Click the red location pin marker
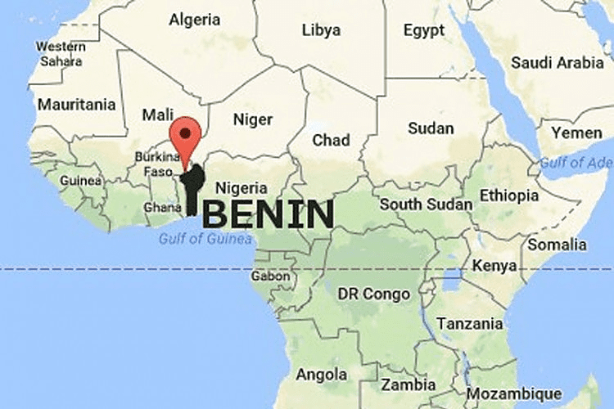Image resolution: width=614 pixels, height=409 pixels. click(187, 136)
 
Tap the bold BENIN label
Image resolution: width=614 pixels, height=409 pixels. click(268, 214)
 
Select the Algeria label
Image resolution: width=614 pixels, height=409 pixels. click(194, 19)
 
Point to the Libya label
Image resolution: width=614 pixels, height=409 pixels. click(321, 29)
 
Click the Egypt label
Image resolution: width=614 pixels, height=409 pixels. click(423, 30)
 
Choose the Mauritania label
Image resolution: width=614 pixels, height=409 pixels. click(76, 105)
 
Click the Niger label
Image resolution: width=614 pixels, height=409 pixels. click(253, 119)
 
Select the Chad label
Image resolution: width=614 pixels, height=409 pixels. click(331, 141)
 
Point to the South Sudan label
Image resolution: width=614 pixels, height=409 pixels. click(426, 204)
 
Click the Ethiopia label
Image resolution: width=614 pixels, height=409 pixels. click(509, 196)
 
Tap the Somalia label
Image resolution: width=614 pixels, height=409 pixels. click(558, 244)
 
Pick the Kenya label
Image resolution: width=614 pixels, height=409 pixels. click(494, 266)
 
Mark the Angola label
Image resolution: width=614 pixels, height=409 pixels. click(321, 375)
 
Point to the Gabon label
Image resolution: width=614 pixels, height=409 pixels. click(271, 276)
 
